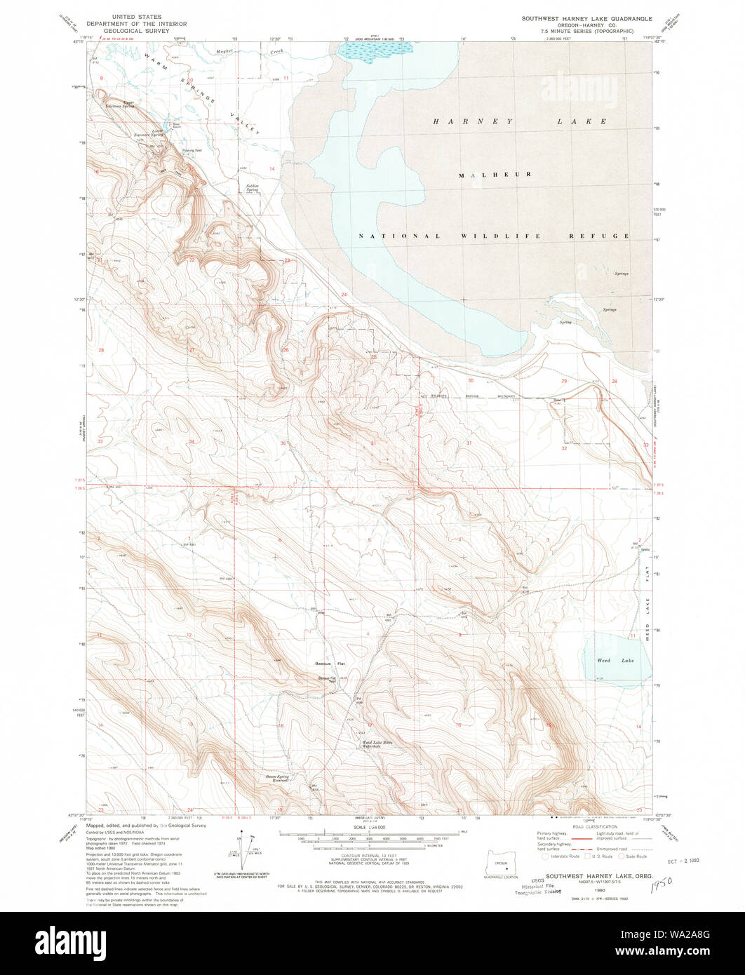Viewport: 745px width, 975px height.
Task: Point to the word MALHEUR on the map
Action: (495, 174)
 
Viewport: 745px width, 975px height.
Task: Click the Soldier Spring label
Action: (253, 189)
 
